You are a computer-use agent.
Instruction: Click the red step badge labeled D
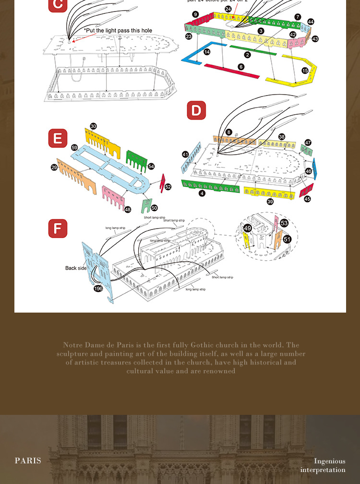tap(196, 110)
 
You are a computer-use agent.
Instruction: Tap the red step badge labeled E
tap(58, 138)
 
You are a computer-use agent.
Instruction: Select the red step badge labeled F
tap(58, 228)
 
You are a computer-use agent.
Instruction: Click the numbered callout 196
tap(98, 289)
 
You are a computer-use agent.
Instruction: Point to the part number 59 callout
tap(74, 148)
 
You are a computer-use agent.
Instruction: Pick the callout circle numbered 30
tap(93, 126)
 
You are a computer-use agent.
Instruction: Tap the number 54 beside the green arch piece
tap(151, 166)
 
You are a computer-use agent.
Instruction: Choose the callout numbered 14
tap(207, 52)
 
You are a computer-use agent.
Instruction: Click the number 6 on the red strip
tap(241, 67)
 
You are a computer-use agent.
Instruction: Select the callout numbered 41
tap(185, 154)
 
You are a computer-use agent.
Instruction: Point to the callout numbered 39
tap(270, 202)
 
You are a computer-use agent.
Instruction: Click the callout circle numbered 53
tap(284, 223)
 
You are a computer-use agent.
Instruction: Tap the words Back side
tap(76, 268)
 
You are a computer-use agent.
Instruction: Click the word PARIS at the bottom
tap(28, 460)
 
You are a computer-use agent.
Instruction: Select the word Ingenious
tap(329, 461)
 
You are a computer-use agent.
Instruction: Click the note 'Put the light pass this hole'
tap(118, 31)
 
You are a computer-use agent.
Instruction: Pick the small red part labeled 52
tap(162, 182)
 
